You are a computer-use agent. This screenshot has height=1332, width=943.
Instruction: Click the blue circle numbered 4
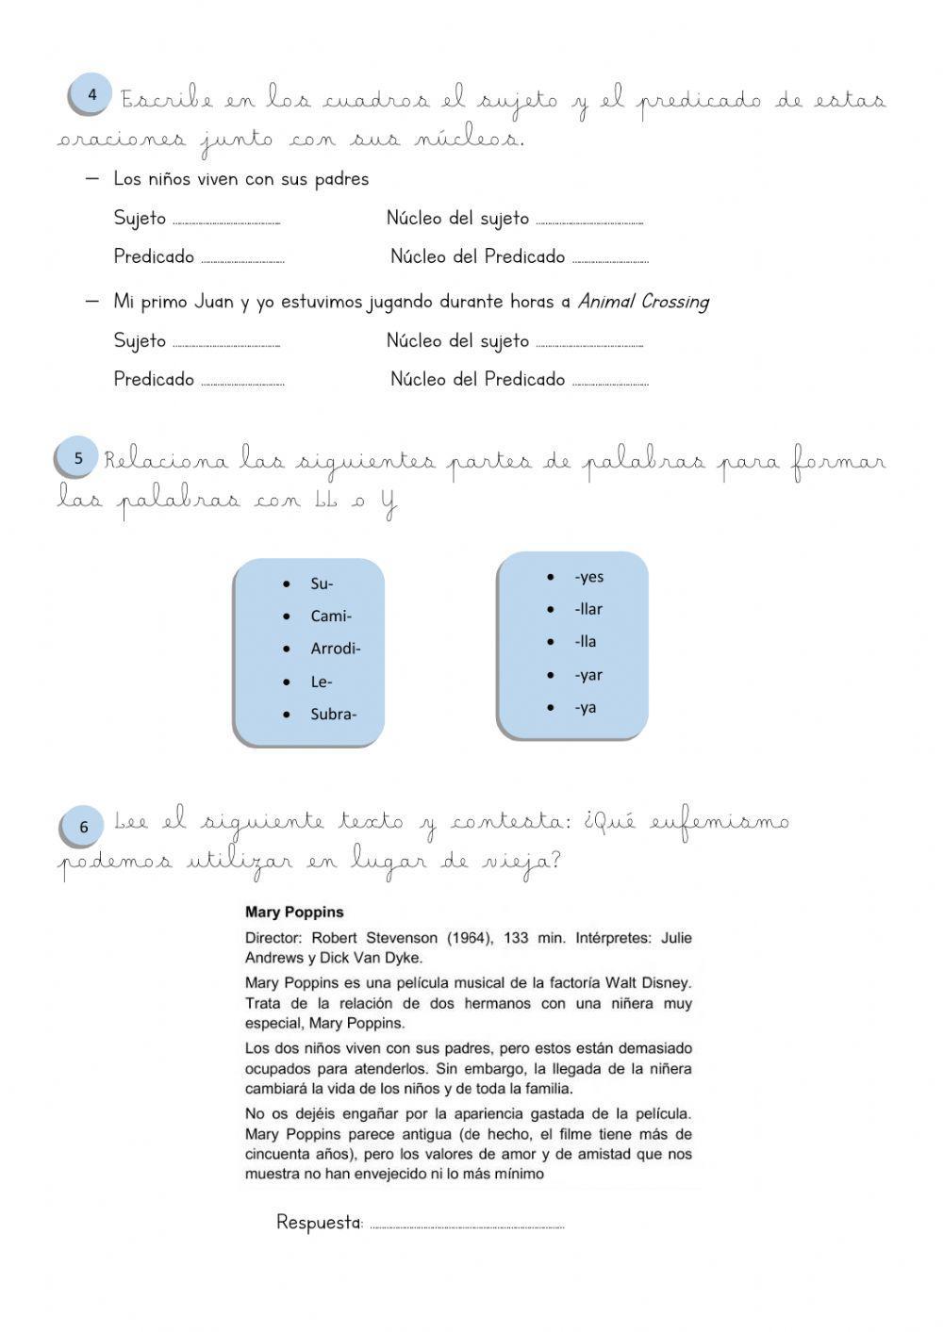[91, 95]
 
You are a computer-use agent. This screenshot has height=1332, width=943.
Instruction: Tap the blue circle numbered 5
[78, 458]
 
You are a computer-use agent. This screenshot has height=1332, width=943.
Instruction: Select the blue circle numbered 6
[83, 827]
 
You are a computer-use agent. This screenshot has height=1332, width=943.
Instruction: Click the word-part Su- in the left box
[322, 584]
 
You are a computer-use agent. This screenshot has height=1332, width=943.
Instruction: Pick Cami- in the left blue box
[331, 617]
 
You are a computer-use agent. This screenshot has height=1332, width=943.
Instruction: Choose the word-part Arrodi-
[336, 649]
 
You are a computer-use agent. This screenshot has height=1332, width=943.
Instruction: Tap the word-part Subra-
[333, 714]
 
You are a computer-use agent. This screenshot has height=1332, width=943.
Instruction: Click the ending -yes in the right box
[588, 577]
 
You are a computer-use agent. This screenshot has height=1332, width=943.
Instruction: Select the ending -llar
[587, 609]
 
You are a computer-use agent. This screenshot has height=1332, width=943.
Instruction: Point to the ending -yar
[587, 675]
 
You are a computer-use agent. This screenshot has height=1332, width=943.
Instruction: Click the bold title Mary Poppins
[294, 913]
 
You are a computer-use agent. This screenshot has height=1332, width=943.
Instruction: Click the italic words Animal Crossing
[643, 302]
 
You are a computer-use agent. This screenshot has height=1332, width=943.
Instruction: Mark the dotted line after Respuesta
[467, 1226]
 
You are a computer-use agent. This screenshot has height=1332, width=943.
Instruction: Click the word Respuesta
[319, 1223]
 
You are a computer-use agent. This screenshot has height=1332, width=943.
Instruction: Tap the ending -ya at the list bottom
[585, 707]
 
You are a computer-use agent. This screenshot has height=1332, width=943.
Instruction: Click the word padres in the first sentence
[341, 179]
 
